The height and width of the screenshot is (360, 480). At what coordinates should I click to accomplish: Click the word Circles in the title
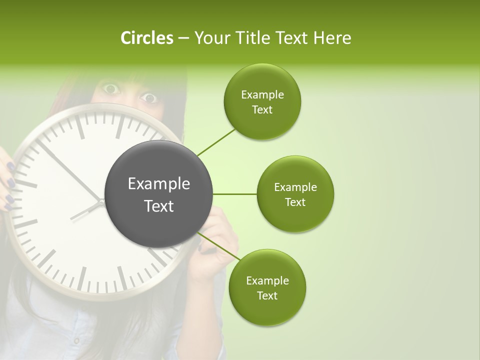coord(146,38)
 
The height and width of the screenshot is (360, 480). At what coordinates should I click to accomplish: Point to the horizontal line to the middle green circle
coord(235,194)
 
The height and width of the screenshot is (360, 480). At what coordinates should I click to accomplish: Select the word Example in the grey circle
coord(159,184)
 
